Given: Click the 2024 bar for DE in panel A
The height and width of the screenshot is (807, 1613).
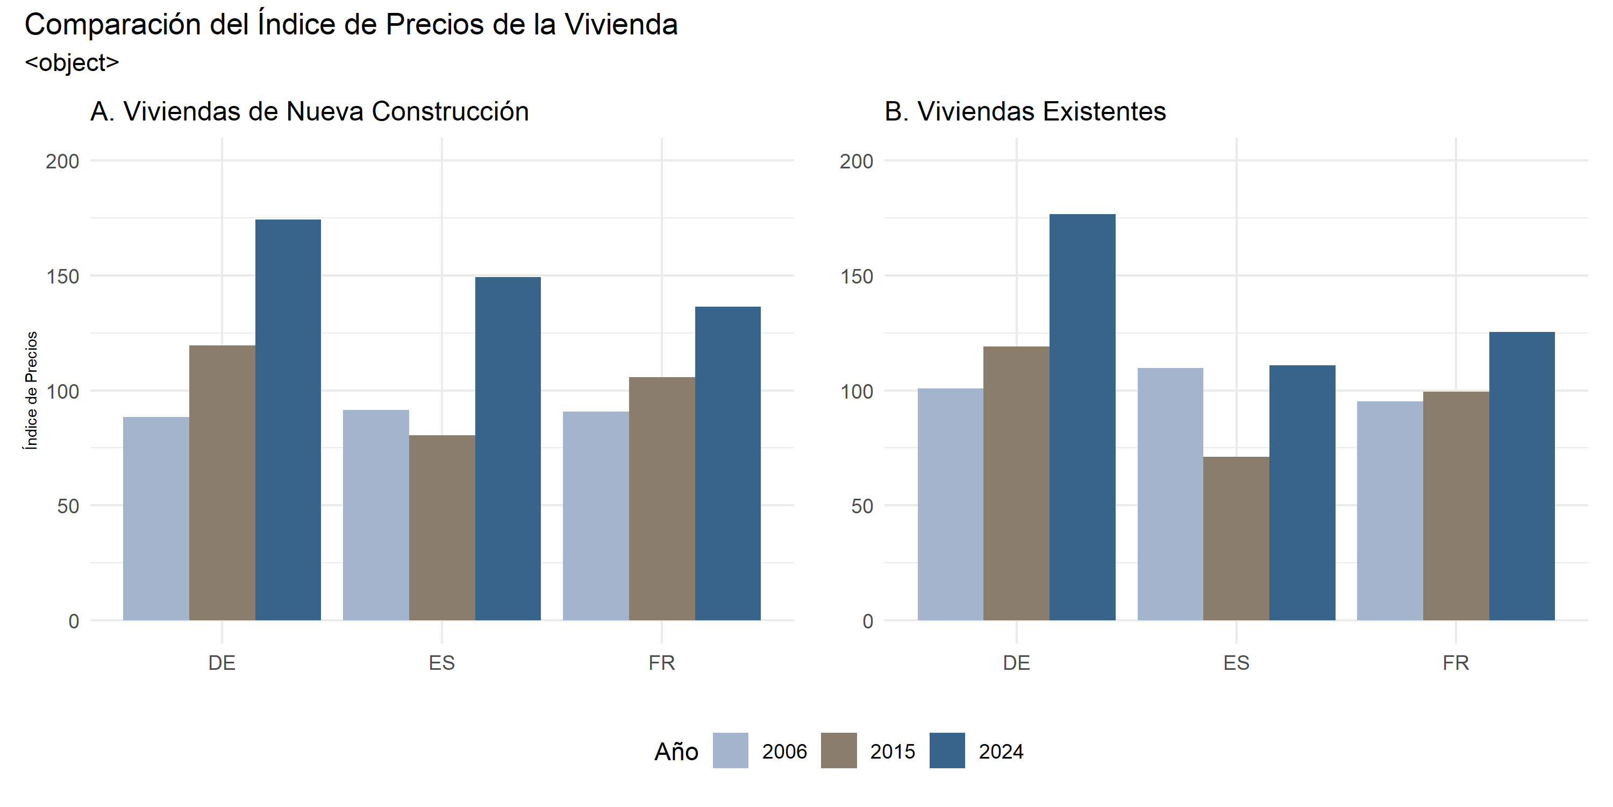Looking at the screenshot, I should click(288, 420).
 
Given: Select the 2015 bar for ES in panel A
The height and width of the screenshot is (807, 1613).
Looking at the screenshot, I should click(442, 528).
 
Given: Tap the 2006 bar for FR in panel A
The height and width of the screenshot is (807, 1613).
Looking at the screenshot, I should click(596, 515).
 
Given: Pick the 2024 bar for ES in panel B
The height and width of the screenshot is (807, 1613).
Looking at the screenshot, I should click(1302, 492).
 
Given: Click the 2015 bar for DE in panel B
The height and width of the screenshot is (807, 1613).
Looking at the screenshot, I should click(1016, 483).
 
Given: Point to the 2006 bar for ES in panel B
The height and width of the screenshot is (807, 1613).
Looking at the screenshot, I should click(1169, 494).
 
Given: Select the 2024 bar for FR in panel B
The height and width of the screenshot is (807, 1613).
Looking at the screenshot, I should click(1522, 476).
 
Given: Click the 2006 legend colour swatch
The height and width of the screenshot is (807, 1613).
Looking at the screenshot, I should click(730, 751).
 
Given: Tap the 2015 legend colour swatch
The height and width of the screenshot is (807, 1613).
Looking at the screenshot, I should click(838, 751).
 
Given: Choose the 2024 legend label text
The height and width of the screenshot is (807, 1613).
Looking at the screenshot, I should click(1001, 751).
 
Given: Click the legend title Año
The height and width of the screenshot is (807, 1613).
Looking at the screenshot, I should click(676, 751).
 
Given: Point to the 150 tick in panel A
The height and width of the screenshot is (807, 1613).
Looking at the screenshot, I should click(62, 277).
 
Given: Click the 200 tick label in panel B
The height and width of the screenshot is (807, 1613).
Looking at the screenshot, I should click(856, 161).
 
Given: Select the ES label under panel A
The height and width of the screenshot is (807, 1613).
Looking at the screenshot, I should click(442, 663).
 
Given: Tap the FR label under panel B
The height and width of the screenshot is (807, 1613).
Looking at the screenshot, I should click(1456, 663).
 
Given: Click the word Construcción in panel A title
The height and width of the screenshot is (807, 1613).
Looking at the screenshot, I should click(450, 111).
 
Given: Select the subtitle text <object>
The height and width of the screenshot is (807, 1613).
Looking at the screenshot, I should click(72, 62).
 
